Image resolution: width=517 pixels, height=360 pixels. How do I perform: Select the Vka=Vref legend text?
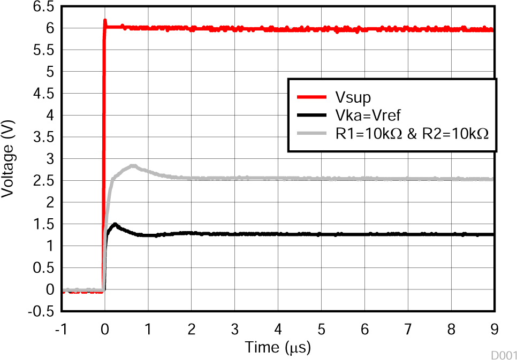[369, 116]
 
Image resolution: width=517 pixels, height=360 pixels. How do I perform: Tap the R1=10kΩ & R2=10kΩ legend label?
[412, 134]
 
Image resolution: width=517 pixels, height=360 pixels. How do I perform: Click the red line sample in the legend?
[311, 97]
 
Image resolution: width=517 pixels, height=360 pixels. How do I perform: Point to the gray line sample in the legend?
[311, 134]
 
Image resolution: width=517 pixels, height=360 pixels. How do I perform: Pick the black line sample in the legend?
[311, 116]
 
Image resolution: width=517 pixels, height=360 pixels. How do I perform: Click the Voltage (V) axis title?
[8, 158]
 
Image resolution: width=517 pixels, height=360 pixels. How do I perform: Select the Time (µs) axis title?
[278, 348]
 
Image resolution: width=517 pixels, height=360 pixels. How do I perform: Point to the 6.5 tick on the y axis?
[44, 6]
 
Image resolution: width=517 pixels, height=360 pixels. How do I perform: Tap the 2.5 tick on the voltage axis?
[44, 180]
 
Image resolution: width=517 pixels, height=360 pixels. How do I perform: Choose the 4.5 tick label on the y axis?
[44, 94]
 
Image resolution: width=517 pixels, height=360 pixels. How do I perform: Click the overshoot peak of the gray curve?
[133, 166]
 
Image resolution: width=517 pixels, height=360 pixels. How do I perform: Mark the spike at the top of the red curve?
[105, 21]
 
